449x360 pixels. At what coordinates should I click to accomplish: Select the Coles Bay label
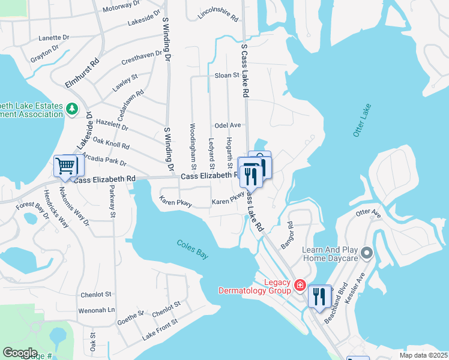tap(192, 250)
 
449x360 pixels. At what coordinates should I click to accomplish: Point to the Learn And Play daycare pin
tap(367, 253)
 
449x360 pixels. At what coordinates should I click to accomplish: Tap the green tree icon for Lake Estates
tap(72, 109)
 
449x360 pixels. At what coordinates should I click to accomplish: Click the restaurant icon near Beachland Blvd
tap(319, 296)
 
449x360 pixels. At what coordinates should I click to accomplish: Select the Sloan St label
tap(227, 76)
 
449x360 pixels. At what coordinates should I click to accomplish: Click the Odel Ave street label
tap(228, 125)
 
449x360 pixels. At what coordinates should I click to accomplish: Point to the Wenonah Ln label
tap(96, 311)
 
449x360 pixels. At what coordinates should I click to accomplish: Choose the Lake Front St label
tap(160, 331)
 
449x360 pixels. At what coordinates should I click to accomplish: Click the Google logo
tap(19, 353)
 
